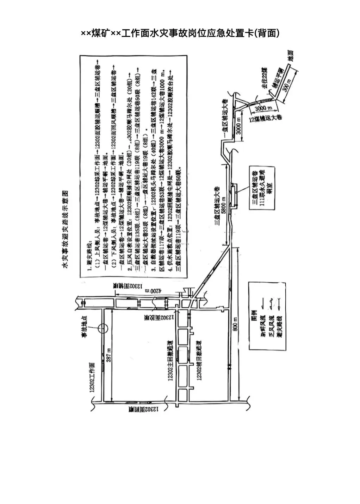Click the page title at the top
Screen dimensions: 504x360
coord(180,33)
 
